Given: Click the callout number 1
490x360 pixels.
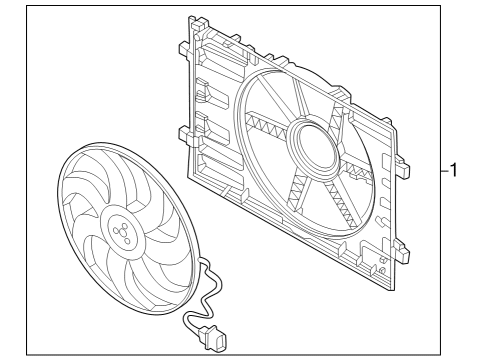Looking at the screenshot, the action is [453, 170].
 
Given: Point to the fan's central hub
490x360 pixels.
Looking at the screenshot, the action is [122, 232].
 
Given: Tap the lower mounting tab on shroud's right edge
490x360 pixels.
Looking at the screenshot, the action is [402, 252].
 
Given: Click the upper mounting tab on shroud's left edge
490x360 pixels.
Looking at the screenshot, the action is [184, 49].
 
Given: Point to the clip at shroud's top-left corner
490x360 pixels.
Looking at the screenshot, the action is [198, 23].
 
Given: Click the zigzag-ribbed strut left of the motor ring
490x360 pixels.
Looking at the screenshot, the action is [268, 122].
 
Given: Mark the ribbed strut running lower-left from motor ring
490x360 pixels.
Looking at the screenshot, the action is [297, 193].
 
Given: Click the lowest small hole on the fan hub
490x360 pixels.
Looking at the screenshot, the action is [127, 241].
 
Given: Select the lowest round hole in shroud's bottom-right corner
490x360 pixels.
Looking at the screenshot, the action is [382, 270].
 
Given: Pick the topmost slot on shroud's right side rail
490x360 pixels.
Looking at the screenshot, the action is [385, 161].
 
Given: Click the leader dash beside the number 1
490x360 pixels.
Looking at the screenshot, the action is [445, 171].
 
